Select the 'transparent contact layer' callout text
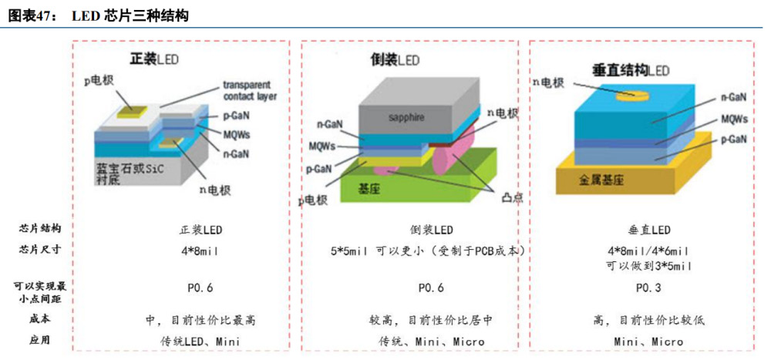pyautogui.click(x=249, y=90)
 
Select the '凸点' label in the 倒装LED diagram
pyautogui.click(x=510, y=197)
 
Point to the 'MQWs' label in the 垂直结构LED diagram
pyautogui.click(x=733, y=120)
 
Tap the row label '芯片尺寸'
pyautogui.click(x=40, y=249)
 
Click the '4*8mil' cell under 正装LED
pyautogui.click(x=200, y=251)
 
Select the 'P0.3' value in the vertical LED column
pyautogui.click(x=646, y=288)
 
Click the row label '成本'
pyautogui.click(x=40, y=318)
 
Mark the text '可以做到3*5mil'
pyautogui.click(x=647, y=265)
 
